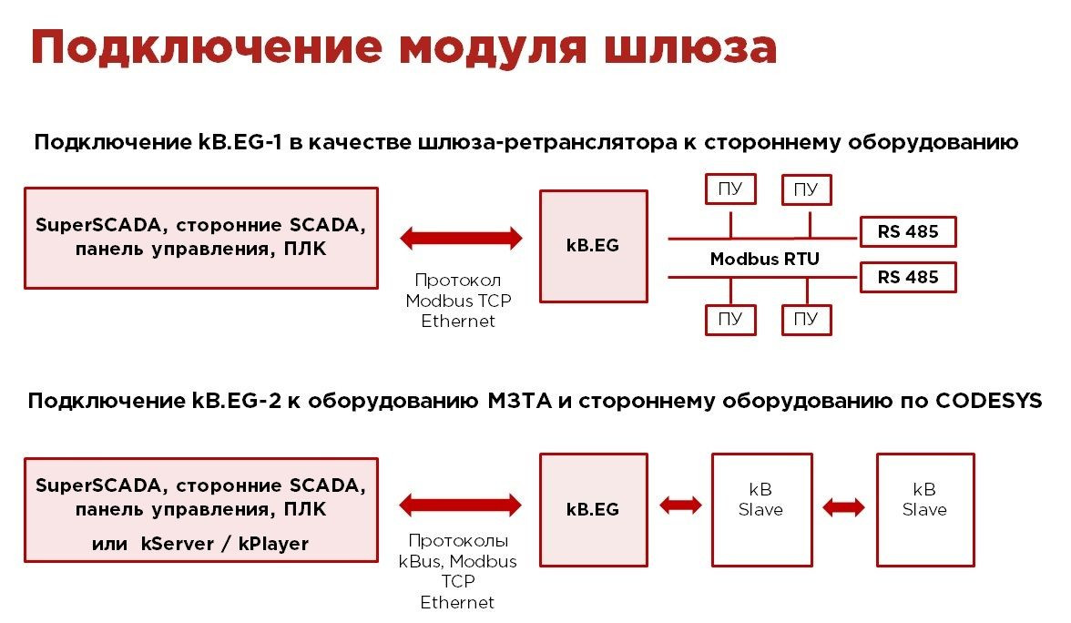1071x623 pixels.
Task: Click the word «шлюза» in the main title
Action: pos(684,47)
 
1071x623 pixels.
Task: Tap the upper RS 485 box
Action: pos(908,231)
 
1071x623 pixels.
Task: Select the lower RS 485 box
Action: pos(908,277)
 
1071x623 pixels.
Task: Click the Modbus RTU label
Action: pos(764,259)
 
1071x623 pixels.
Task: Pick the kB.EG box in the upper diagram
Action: pos(593,246)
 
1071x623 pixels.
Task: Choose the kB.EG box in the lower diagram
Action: pos(593,509)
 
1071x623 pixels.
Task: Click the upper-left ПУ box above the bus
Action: pos(729,189)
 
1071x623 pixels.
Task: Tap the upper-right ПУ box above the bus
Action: pos(806,189)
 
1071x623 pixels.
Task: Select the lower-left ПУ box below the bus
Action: pos(729,319)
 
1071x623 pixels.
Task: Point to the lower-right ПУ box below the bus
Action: pos(806,319)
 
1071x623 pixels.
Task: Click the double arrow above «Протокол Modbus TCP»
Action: pos(461,239)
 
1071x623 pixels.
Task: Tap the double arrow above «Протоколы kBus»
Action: pos(461,505)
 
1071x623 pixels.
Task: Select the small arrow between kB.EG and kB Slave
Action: pos(680,505)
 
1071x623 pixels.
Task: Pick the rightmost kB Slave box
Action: pos(924,509)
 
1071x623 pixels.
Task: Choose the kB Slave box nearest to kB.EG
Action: pos(760,509)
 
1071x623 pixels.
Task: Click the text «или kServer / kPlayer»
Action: pos(200,544)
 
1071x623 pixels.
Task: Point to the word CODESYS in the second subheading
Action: pos(988,402)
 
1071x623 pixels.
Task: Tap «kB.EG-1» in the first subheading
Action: pos(233,143)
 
